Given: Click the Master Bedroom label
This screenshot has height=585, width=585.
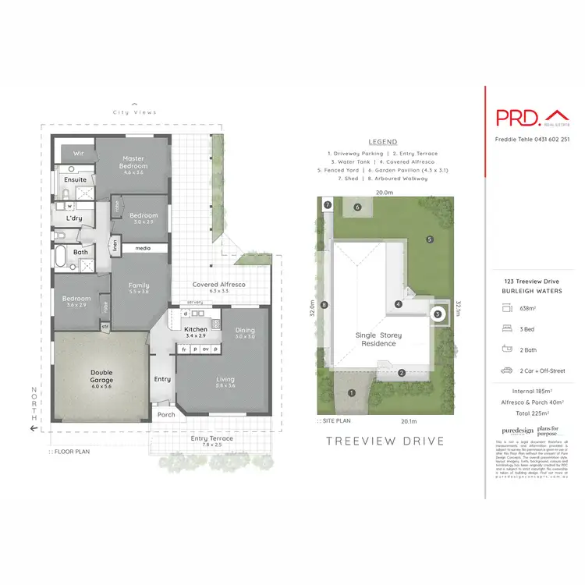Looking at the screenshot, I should coord(133,161).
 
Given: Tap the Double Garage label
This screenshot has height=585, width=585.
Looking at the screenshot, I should coord(102,377).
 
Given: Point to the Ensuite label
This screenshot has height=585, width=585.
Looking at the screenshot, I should coord(76,179).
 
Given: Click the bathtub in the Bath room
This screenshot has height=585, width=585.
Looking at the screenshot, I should coord(62,259).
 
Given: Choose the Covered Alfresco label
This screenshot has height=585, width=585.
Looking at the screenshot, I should coord(219,285).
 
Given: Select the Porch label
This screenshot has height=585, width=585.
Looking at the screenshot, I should coord(166,415).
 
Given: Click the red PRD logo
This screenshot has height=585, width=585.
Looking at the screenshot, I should coord(517,118).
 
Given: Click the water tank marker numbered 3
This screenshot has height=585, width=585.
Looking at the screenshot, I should coord(438,314).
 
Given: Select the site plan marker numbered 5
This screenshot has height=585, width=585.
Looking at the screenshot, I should coord(429,239).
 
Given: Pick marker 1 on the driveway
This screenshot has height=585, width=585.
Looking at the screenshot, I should coord(351,392).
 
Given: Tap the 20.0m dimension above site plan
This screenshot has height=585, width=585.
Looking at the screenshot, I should coord(384,192).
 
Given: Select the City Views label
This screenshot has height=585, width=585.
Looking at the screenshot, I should coord(134,112).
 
